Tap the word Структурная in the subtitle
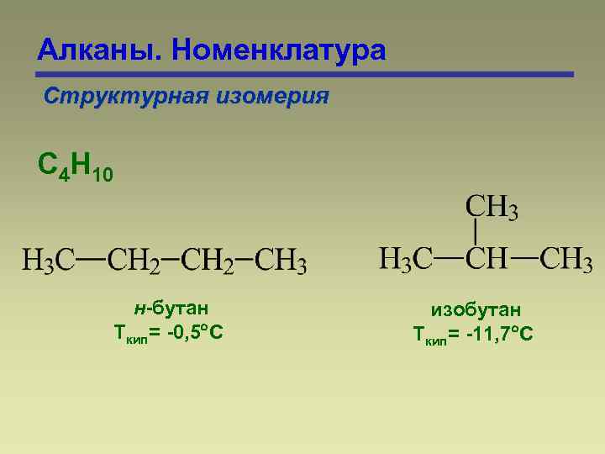120,96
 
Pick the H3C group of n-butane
49,260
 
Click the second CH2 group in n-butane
209,260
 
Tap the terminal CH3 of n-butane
281,260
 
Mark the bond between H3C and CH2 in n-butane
92,259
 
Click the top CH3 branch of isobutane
492,207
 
